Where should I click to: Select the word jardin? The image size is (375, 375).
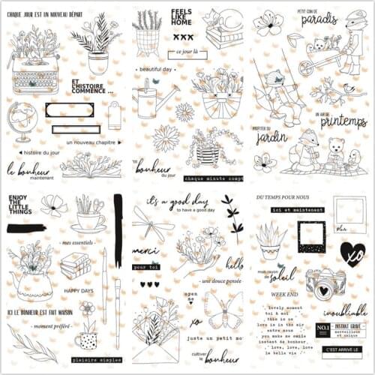271,136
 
